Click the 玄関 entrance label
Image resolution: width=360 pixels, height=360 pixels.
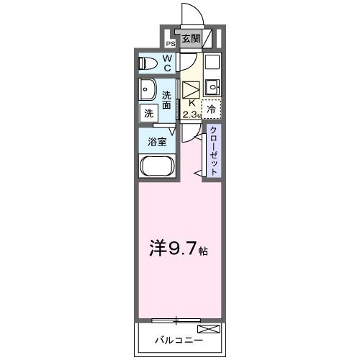coord(190,39)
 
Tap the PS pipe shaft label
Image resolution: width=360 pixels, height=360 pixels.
coord(171,42)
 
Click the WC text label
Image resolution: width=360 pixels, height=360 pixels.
coord(166,63)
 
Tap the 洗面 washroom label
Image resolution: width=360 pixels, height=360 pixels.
coord(167,100)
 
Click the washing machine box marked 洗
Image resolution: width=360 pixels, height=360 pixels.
coord(148,113)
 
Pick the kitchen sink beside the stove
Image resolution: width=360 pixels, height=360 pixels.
coord(212,88)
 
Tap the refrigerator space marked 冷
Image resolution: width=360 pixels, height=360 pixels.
coord(211,109)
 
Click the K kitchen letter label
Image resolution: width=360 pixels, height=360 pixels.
coord(190,103)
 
